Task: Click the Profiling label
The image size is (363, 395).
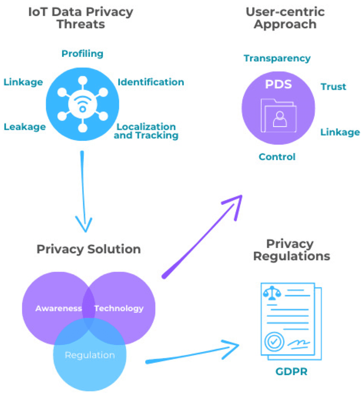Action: tap(82, 53)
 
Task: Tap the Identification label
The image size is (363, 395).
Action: tap(151, 82)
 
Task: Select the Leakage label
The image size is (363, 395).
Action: tap(25, 127)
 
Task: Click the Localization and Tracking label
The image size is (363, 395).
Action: tap(146, 131)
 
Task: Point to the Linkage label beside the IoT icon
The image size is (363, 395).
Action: tap(23, 82)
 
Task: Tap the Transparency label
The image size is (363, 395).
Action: tap(277, 58)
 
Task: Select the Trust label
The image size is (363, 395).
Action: tap(333, 87)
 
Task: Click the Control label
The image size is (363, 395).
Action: tap(277, 157)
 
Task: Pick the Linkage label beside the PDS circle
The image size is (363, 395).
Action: tap(340, 133)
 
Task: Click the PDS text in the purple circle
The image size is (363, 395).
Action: tap(278, 84)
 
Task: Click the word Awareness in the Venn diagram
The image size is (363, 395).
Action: tap(59, 309)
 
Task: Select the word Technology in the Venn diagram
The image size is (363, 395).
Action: tap(119, 309)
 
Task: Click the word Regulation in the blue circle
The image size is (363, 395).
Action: tap(89, 355)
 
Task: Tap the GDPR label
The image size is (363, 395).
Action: tap(291, 372)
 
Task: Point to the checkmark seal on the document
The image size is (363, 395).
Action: tap(275, 341)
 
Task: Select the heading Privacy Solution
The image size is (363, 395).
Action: tap(89, 249)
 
